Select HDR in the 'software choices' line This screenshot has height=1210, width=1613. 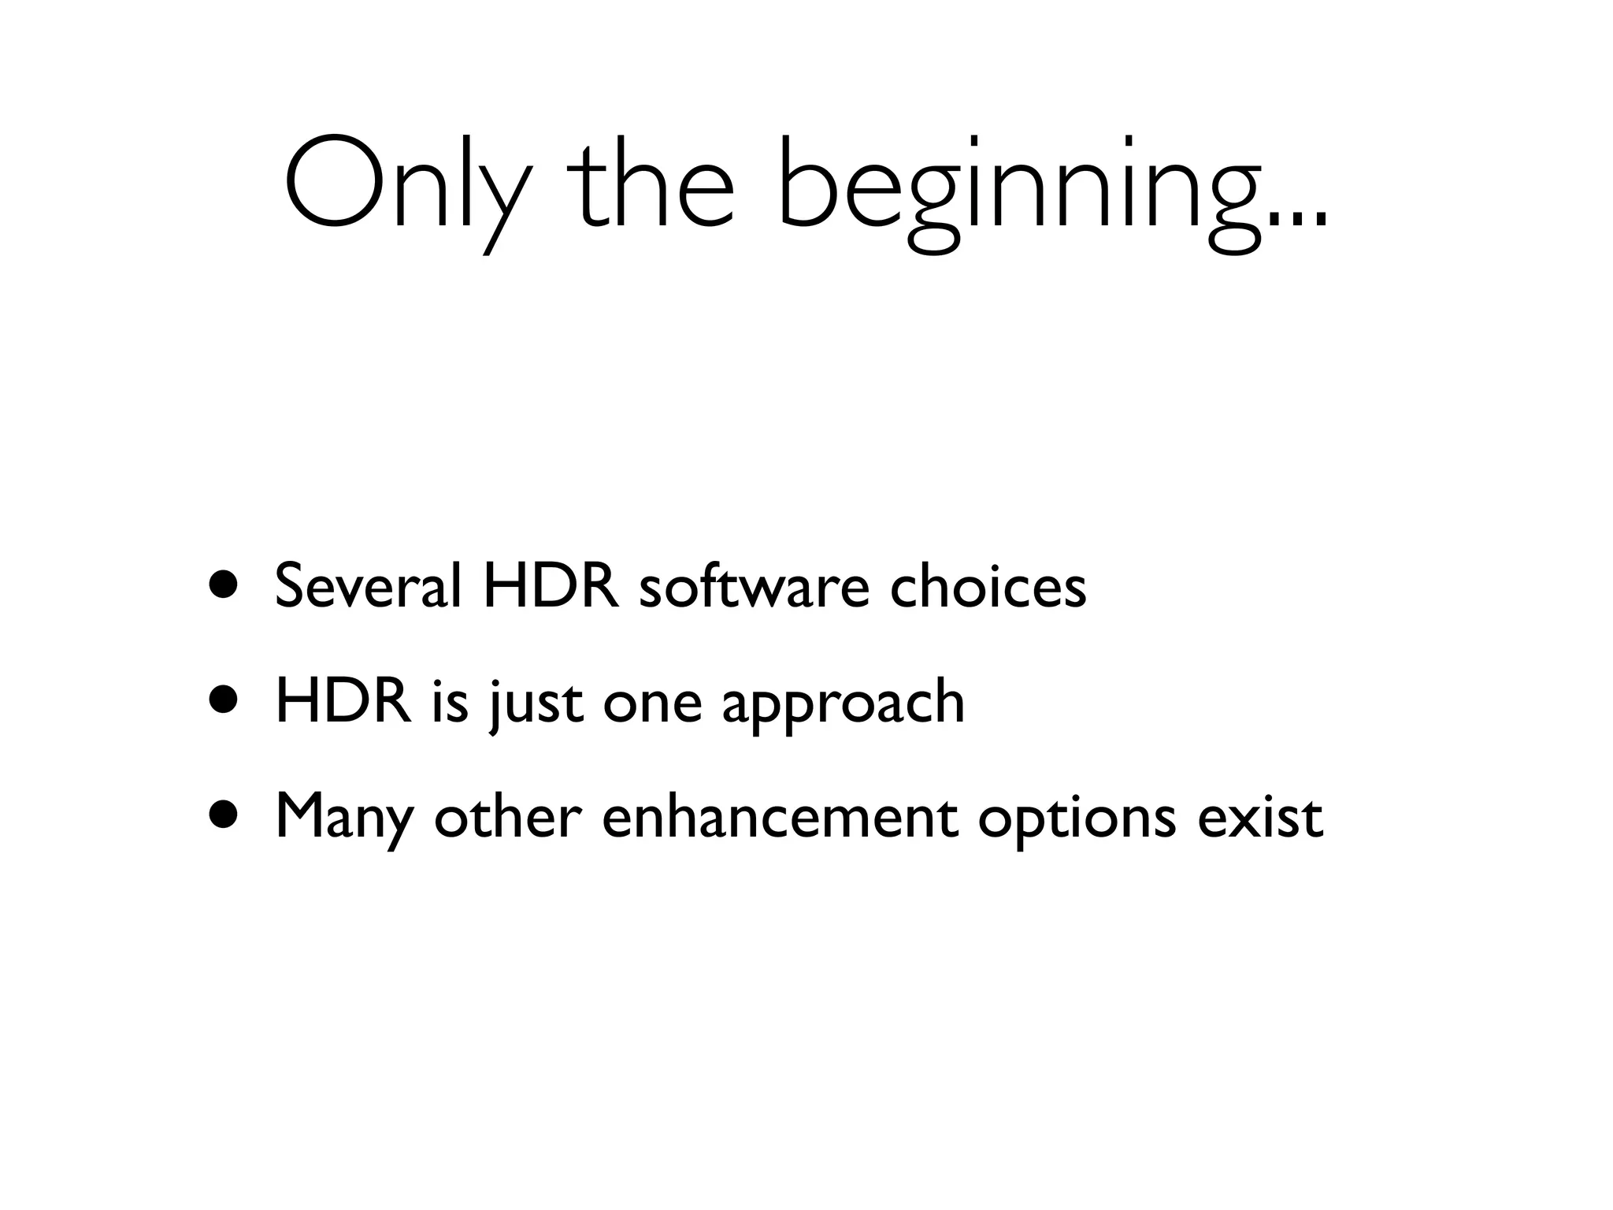pyautogui.click(x=551, y=586)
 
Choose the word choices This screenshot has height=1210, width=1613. pyautogui.click(x=988, y=586)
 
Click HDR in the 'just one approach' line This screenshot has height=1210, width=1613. pyautogui.click(x=343, y=701)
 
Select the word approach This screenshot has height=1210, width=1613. pyautogui.click(x=843, y=705)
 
